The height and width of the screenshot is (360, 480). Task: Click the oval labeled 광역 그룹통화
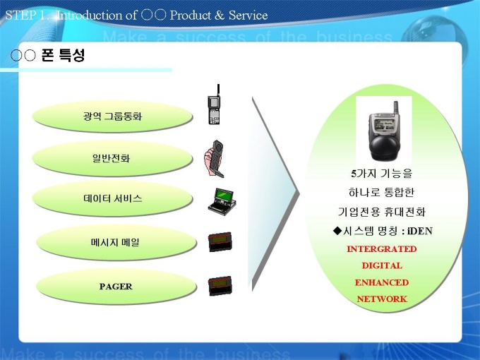pos(112,116)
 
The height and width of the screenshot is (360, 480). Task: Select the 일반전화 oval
pos(112,158)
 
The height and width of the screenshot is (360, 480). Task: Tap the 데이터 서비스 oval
pos(112,198)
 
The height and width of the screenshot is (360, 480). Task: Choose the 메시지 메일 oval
pos(116,242)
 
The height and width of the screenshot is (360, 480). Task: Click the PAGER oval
pos(116,286)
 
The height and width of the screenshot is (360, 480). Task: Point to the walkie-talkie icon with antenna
pos(215,104)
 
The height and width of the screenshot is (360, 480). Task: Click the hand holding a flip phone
pos(214,159)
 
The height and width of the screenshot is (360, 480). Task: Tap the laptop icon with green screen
pos(222,202)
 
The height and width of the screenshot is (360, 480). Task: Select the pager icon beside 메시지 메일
pos(220,242)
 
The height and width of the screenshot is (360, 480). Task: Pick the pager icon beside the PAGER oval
pos(220,286)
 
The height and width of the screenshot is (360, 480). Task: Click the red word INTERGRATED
pos(382,249)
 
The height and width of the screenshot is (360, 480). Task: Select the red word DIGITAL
pos(382,265)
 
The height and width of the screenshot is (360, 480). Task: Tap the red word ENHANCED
pos(382,282)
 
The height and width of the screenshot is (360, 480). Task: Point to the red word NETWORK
pos(382,299)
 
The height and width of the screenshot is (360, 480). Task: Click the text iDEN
pos(420,231)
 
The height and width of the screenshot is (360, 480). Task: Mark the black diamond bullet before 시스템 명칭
pos(337,231)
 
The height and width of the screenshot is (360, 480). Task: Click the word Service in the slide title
pos(248,16)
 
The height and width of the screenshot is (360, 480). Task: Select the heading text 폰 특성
pos(63,55)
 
